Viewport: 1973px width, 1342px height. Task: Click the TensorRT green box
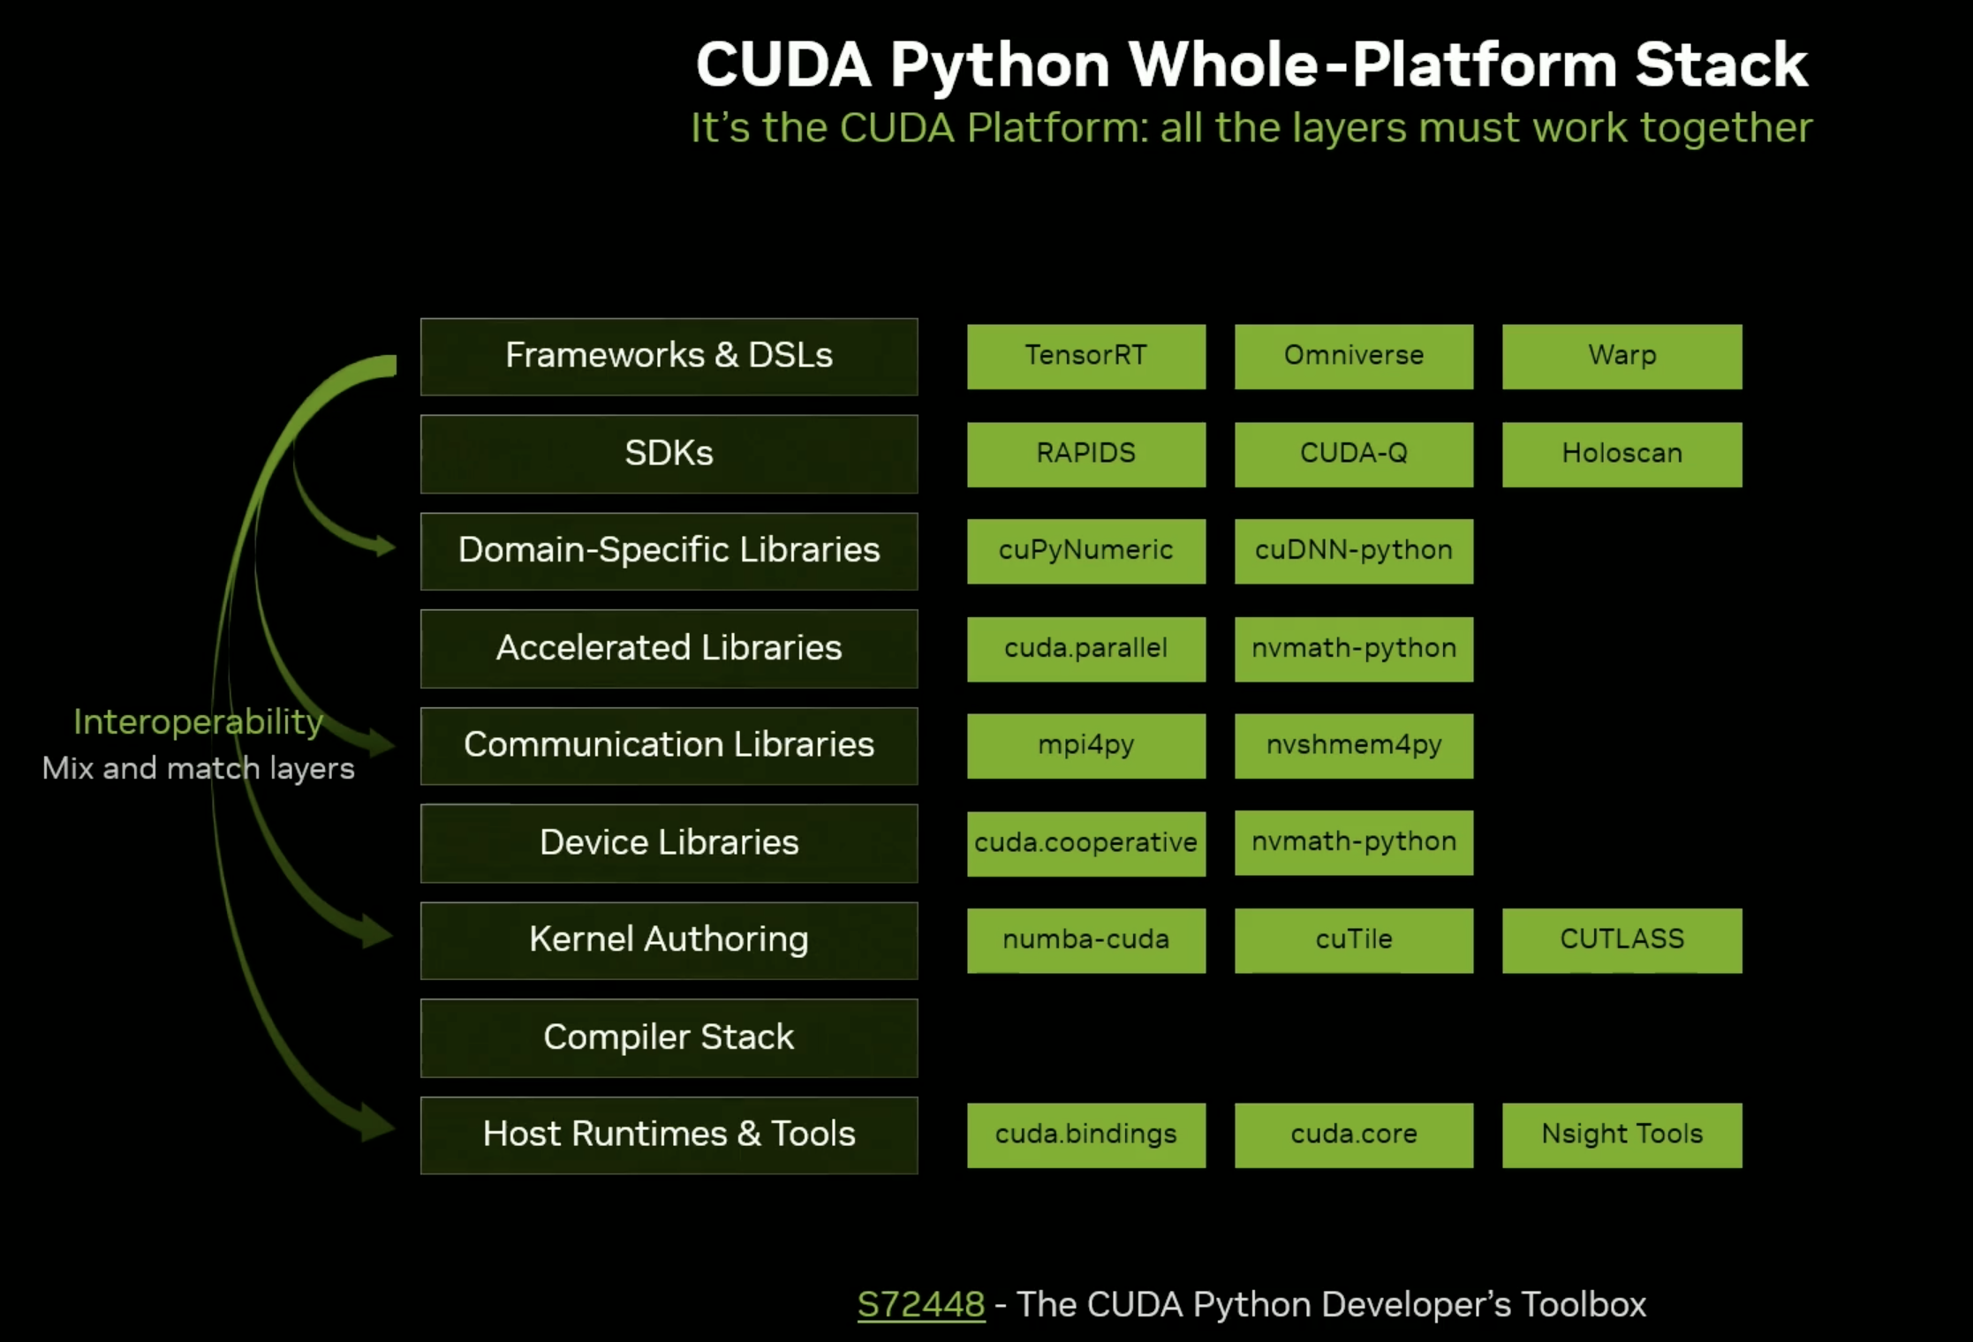pos(1085,356)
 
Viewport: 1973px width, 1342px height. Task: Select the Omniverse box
pos(1353,356)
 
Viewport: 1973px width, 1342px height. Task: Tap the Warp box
pos(1621,356)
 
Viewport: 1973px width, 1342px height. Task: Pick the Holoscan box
pos(1621,454)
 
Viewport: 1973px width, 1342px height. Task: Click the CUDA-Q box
pos(1353,454)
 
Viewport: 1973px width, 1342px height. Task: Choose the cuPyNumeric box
pos(1085,551)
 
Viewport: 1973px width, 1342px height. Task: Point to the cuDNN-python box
pos(1353,551)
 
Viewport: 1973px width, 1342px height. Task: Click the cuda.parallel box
pos(1085,649)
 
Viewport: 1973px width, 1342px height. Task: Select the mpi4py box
pos(1085,746)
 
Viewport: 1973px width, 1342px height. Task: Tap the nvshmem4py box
pos(1353,746)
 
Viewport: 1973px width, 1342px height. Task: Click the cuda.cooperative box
pos(1085,843)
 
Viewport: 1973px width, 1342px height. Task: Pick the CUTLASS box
pos(1621,940)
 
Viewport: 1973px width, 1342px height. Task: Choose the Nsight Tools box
pos(1621,1135)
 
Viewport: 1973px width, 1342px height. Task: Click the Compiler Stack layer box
pos(669,1037)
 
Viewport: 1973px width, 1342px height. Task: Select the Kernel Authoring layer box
pos(669,940)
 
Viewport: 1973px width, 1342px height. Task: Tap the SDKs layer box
pos(669,454)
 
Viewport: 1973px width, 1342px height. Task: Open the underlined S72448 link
pos(920,1305)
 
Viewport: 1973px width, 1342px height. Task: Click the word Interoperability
pos(198,722)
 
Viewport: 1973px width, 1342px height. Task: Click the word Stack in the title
pos(1720,65)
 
